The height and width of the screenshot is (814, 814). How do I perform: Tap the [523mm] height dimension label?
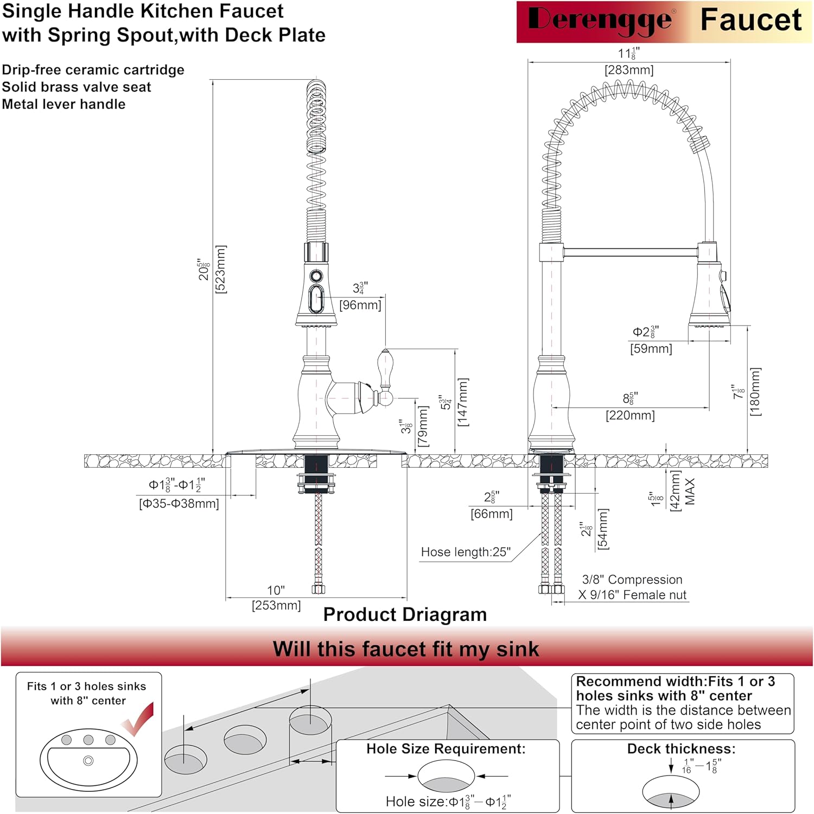[221, 269]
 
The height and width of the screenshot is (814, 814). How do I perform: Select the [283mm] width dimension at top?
[629, 70]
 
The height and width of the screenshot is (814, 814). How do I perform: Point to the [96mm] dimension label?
[360, 305]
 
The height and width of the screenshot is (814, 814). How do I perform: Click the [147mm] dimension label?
[463, 402]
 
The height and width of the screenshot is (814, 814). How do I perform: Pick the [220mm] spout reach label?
[630, 416]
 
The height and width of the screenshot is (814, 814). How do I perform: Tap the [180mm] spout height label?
[755, 392]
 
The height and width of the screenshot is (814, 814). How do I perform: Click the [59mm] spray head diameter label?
[651, 349]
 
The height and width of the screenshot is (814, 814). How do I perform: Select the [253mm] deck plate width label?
[276, 605]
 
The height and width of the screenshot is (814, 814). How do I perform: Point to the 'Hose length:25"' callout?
[466, 552]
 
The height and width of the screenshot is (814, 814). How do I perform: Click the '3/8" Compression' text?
[632, 580]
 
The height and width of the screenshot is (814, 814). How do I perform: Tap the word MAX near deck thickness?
[690, 492]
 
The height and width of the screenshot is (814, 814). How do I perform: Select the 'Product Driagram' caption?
[405, 615]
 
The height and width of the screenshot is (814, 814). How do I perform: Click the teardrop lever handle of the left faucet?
[385, 368]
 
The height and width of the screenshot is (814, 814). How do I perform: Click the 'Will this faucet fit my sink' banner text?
[406, 649]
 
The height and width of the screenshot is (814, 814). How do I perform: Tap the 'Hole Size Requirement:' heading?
[446, 749]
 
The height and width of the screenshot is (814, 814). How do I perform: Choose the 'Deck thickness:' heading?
[681, 749]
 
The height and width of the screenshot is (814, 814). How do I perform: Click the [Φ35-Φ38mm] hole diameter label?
[179, 504]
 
